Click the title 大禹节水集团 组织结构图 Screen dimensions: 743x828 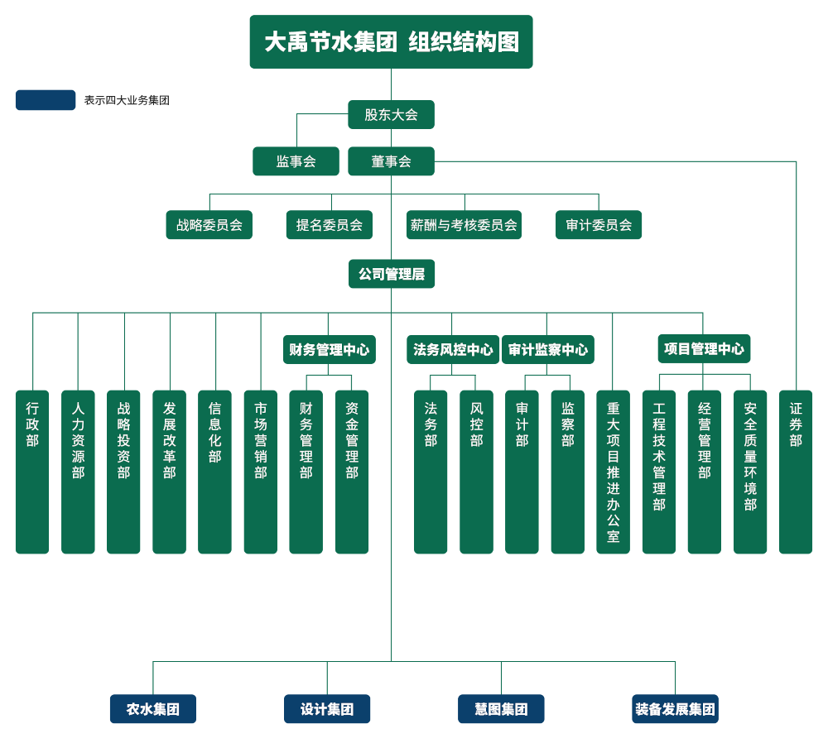tap(391, 42)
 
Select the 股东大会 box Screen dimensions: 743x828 tap(391, 115)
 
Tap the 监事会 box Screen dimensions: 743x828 tap(296, 161)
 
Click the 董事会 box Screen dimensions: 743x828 tap(391, 161)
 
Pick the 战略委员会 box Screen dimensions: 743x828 tap(209, 225)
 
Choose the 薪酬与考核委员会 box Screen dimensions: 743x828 tap(464, 225)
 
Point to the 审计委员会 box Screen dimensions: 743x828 tap(599, 225)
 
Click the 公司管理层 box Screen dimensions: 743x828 tap(391, 274)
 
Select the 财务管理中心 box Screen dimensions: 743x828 tap(329, 349)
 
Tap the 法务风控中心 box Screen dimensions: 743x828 tap(453, 349)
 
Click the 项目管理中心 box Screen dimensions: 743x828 tap(704, 348)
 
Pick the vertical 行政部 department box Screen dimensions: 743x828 tap(32, 472)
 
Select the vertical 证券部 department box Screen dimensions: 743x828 tap(796, 472)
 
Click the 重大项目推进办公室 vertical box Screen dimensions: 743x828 tap(613, 472)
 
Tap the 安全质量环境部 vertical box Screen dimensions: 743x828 tap(750, 472)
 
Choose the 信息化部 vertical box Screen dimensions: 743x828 tap(215, 472)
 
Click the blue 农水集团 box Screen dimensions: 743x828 tap(152, 709)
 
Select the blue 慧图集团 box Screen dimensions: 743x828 tap(501, 709)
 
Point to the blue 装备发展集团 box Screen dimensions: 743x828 tap(675, 709)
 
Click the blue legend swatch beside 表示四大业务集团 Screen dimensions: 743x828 tap(46, 100)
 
